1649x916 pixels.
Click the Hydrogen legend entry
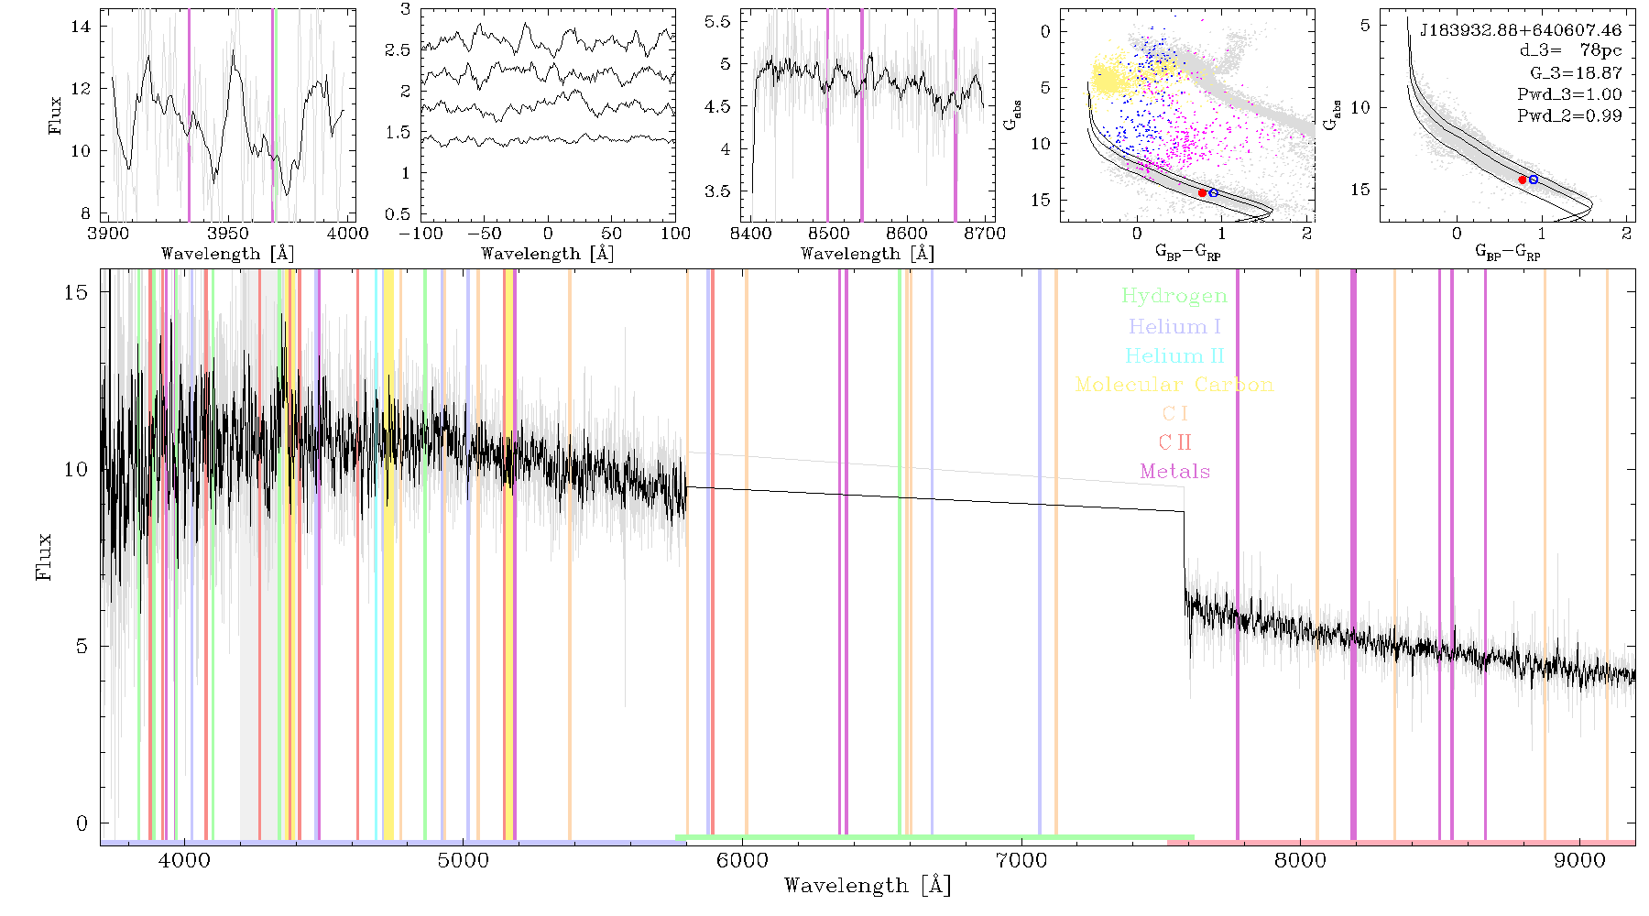point(1174,296)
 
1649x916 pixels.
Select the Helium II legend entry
point(1174,355)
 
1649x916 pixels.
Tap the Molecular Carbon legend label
point(1174,385)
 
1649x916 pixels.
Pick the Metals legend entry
point(1174,472)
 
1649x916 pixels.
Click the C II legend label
point(1174,442)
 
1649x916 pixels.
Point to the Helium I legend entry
point(1174,326)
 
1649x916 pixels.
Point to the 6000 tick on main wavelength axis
point(742,860)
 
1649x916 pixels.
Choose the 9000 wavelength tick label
point(1579,860)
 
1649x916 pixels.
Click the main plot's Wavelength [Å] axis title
point(868,886)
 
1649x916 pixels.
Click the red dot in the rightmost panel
point(1523,180)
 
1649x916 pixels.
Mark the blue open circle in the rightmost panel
point(1534,180)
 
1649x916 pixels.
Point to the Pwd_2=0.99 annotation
point(1569,116)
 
